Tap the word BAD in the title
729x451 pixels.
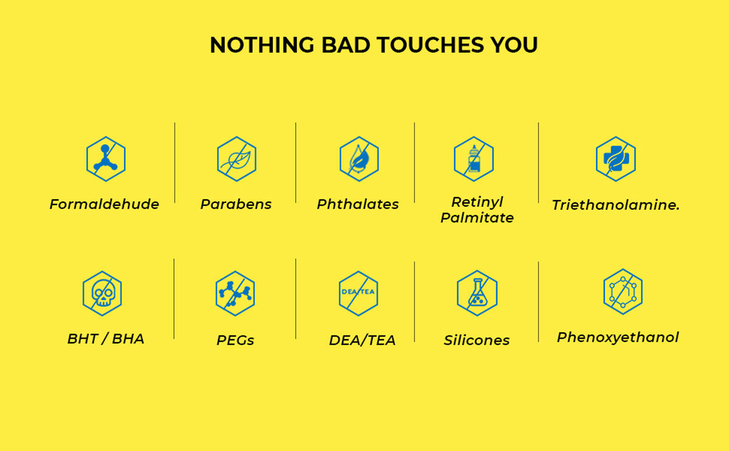click(x=346, y=44)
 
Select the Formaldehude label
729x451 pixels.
click(x=104, y=204)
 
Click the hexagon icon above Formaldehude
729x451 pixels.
click(x=106, y=159)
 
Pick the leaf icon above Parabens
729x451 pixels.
click(x=236, y=159)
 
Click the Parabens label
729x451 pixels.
click(x=236, y=204)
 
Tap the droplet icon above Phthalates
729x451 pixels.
click(x=359, y=159)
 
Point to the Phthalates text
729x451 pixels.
click(x=358, y=204)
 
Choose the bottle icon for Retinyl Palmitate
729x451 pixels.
click(x=474, y=159)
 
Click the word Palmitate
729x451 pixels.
click(x=477, y=218)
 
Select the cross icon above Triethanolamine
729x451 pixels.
click(x=616, y=159)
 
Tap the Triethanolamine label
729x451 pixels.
click(x=616, y=205)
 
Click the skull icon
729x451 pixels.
click(x=102, y=294)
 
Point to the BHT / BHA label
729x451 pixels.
click(x=106, y=339)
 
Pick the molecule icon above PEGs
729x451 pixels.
click(x=235, y=294)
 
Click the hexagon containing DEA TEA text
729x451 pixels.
click(x=358, y=294)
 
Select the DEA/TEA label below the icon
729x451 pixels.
click(x=362, y=340)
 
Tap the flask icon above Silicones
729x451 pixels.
click(x=477, y=293)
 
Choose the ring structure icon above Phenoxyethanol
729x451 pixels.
click(x=623, y=291)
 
